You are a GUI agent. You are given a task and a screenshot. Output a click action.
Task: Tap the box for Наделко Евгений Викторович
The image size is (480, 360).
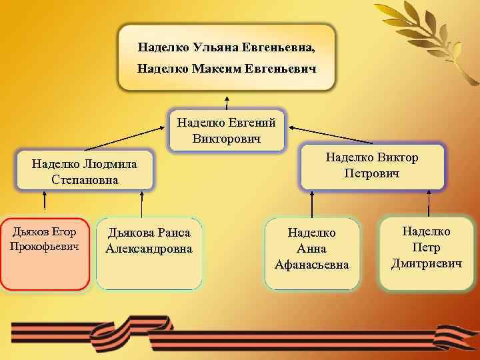tap(227, 129)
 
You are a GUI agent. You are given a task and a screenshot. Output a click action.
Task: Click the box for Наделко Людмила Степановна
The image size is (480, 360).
tap(84, 171)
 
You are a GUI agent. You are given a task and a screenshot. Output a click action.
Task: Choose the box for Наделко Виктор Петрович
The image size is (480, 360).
tap(371, 166)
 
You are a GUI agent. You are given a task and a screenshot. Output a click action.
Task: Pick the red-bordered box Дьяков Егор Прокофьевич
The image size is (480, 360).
tap(45, 254)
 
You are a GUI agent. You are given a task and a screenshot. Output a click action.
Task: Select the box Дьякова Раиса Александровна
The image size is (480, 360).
tap(149, 254)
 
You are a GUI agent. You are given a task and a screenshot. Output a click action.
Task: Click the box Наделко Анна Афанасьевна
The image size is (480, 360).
tap(312, 254)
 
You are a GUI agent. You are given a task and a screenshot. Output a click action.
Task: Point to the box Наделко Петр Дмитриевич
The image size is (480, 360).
tap(427, 253)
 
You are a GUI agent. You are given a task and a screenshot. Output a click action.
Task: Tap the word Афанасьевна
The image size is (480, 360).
tap(312, 265)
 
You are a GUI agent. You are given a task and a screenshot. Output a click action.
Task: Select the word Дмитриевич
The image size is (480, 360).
tap(427, 263)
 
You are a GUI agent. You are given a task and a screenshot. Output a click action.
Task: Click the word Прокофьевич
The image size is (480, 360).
tap(45, 246)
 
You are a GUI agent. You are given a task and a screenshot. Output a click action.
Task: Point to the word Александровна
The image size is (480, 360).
tap(149, 249)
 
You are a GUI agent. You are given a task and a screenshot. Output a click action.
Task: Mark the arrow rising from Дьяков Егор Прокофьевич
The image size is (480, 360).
tap(45, 202)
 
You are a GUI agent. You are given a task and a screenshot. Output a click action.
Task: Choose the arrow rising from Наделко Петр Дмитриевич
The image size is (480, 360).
tap(426, 201)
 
